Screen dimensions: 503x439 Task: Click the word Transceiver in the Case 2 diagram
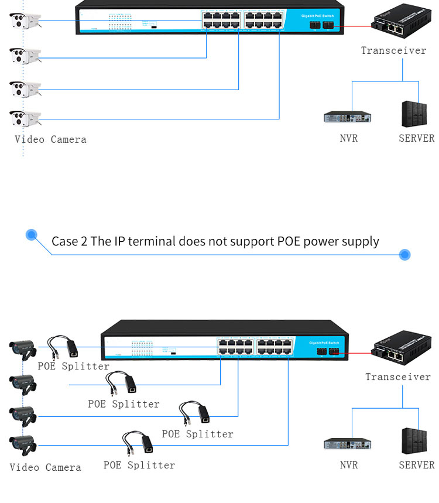click(x=397, y=377)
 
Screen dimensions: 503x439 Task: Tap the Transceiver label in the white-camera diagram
click(x=393, y=50)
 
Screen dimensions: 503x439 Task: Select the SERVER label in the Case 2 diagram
click(x=417, y=465)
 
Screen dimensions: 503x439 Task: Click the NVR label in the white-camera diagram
click(x=348, y=139)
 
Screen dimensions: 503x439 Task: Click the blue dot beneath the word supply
click(x=404, y=255)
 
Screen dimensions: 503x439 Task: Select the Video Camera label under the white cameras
click(x=50, y=139)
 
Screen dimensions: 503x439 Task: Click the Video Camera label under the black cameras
click(x=45, y=467)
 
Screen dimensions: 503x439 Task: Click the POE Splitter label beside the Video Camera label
click(x=139, y=465)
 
